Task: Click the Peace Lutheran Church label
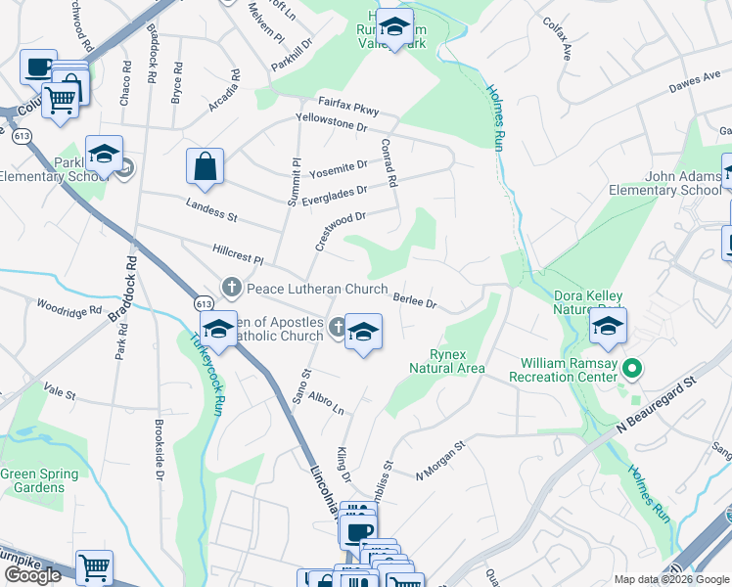[x=317, y=289]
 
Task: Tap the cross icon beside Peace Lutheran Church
[x=232, y=288]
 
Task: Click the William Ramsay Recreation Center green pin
[x=633, y=369]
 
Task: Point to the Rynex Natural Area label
[x=444, y=361]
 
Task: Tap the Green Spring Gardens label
[x=39, y=480]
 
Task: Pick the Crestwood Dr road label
[x=340, y=232]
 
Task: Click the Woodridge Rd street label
[x=69, y=308]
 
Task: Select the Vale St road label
[x=59, y=392]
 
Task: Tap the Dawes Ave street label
[x=694, y=87]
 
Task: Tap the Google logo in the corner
[x=32, y=575]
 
